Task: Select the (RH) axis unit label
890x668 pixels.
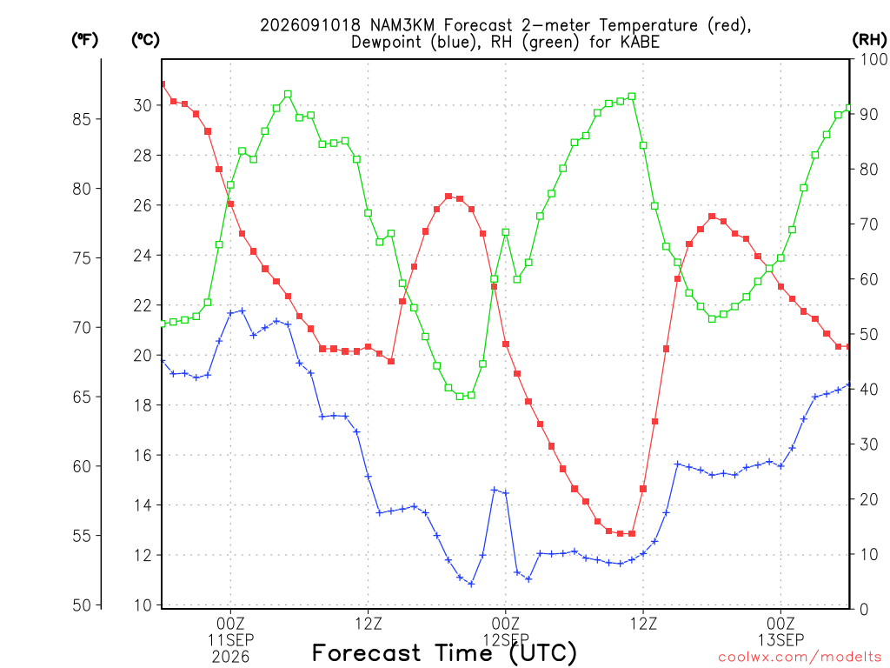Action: [x=869, y=40]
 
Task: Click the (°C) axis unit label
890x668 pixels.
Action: [x=145, y=40]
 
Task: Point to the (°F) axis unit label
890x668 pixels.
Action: [x=84, y=40]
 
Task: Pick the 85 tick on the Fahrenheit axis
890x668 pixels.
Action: [x=83, y=119]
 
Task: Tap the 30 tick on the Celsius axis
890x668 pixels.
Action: [x=143, y=105]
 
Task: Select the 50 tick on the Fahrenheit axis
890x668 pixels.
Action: [x=83, y=605]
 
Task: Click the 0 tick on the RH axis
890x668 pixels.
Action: [x=864, y=609]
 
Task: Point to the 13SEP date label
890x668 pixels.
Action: [x=781, y=640]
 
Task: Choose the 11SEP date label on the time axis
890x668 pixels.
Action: [x=230, y=640]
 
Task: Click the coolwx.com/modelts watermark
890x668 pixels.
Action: [x=800, y=658]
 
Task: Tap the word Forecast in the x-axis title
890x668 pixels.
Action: [x=367, y=652]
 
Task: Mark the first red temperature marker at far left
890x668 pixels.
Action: [x=163, y=84]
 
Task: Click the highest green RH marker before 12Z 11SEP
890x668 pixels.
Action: [x=288, y=94]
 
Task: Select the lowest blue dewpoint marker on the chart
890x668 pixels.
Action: [x=471, y=584]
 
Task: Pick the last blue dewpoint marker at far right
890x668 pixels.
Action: [x=848, y=385]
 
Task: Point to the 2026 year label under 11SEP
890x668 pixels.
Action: [x=230, y=658]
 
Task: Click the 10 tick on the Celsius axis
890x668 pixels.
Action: [x=143, y=605]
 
